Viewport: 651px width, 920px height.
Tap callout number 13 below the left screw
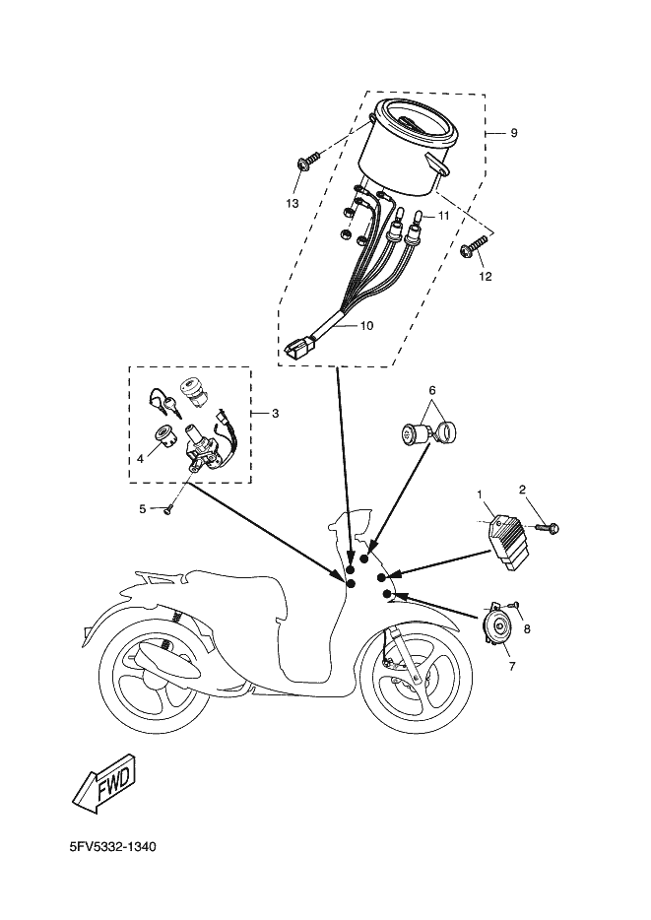[292, 203]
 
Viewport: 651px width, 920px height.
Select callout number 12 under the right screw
[485, 277]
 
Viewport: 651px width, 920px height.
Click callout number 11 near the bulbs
[444, 215]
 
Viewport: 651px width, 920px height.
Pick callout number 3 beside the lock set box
[275, 413]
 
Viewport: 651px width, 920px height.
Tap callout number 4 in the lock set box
[140, 458]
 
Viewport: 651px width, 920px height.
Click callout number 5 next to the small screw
[142, 508]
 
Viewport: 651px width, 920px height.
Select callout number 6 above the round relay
[431, 390]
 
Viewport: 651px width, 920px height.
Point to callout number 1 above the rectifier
[480, 493]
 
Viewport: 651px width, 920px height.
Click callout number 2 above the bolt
[523, 489]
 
